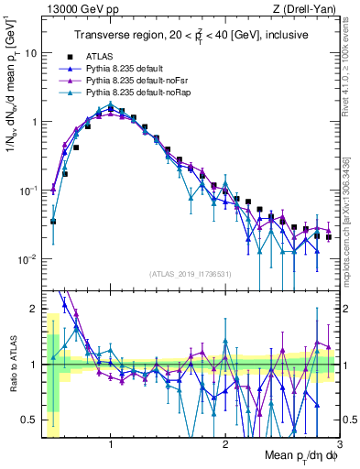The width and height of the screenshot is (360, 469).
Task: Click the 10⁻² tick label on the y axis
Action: [28, 259]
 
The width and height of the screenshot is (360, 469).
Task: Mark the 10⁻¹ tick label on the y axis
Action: [28, 191]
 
